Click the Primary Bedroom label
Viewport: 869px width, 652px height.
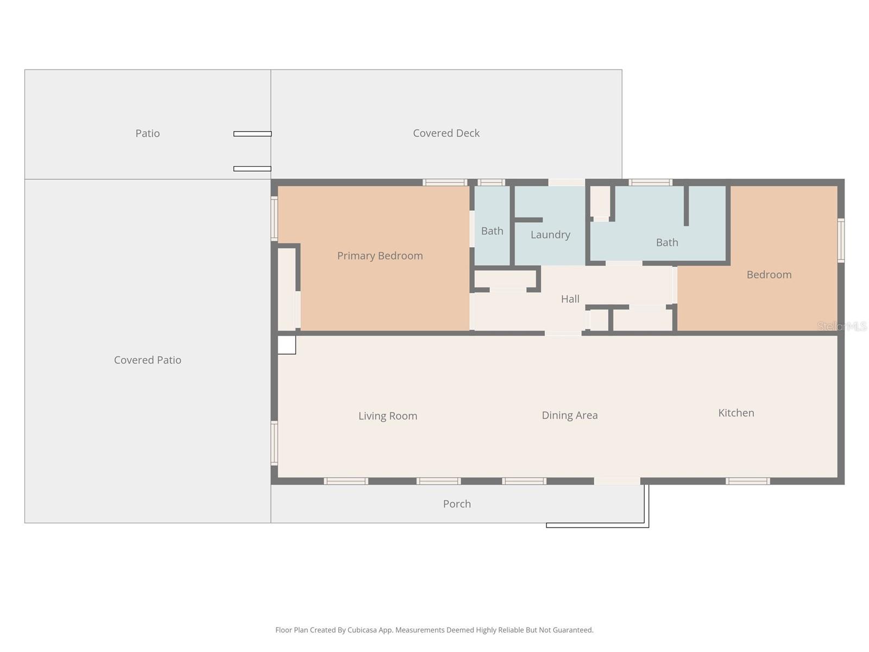point(380,256)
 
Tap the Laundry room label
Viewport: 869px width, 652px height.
point(550,235)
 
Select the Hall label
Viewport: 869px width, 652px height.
point(570,299)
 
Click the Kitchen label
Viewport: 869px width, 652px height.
point(736,413)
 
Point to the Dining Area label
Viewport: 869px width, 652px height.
point(569,415)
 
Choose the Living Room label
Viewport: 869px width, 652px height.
point(388,416)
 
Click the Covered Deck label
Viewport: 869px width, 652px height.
point(446,133)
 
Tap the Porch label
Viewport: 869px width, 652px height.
point(457,504)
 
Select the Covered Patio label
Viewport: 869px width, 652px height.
point(147,360)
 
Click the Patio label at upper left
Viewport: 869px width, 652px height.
point(147,133)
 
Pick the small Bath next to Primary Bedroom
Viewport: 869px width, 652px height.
point(492,231)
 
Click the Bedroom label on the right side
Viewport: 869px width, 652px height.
point(769,274)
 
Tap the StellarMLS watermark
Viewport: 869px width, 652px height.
point(842,326)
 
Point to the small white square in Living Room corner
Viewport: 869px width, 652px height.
point(287,345)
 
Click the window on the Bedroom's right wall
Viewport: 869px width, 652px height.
point(841,240)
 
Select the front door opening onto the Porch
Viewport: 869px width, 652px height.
point(617,481)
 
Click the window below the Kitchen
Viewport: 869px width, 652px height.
point(748,481)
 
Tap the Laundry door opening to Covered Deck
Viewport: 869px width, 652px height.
point(566,183)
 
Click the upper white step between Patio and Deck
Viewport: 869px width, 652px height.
point(252,134)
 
